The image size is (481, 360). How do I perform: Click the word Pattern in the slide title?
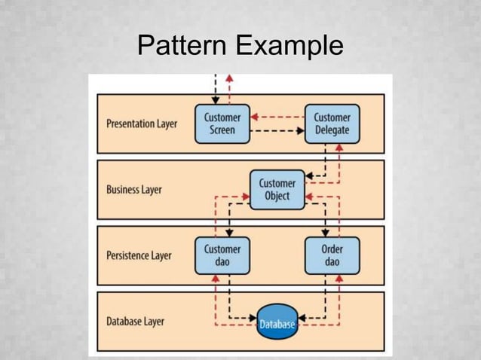point(183,46)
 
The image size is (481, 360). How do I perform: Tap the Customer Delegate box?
point(332,124)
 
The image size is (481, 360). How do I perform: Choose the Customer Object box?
point(277,190)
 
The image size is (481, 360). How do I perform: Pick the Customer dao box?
point(222,255)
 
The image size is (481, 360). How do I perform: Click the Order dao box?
point(332,255)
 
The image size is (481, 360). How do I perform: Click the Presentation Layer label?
point(142,124)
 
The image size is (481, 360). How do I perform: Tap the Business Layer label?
point(134,190)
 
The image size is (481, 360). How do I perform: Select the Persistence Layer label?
point(139,255)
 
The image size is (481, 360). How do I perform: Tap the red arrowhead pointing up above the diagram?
point(229,78)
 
